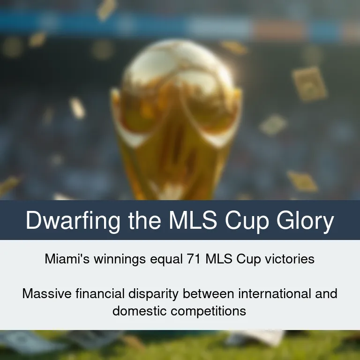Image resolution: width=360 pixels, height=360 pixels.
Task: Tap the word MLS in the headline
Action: [x=193, y=220]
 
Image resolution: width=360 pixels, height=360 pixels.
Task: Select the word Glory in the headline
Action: [x=305, y=220]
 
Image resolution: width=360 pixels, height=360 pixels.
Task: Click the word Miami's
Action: [x=67, y=259]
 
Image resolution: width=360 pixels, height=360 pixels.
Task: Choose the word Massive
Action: [x=47, y=293]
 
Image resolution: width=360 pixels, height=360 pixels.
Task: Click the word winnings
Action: [x=120, y=259]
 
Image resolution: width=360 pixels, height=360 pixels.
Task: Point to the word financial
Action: [x=100, y=293]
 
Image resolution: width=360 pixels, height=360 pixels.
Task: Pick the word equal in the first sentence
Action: [x=166, y=259]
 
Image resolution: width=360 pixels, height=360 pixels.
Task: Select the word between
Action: [x=208, y=293]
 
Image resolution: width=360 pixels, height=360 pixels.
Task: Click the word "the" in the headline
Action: [x=145, y=220]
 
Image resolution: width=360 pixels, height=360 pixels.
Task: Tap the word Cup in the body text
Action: [x=248, y=259]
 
